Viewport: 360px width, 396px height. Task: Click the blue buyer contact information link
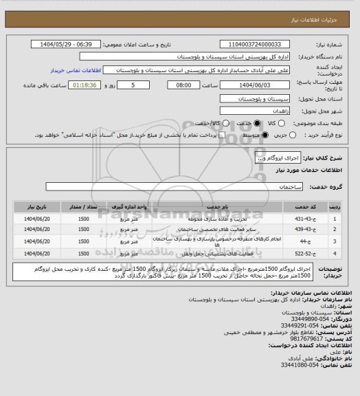(76, 70)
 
